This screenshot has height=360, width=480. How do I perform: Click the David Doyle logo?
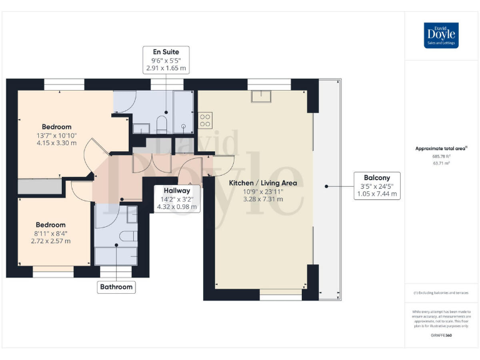441,35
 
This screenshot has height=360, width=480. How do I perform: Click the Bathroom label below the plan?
116,287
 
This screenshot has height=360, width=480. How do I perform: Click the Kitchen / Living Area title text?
262,183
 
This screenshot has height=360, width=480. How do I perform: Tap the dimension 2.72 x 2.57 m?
50,241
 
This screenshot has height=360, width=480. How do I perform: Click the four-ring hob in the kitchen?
206,120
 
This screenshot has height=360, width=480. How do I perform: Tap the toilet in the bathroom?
129,236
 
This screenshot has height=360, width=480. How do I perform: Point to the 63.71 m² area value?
441,162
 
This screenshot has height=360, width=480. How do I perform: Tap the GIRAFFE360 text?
441,336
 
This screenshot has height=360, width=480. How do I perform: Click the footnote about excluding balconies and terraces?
441,292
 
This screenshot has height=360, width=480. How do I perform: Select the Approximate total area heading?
441,148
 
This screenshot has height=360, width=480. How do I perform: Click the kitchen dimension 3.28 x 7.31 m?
262,199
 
